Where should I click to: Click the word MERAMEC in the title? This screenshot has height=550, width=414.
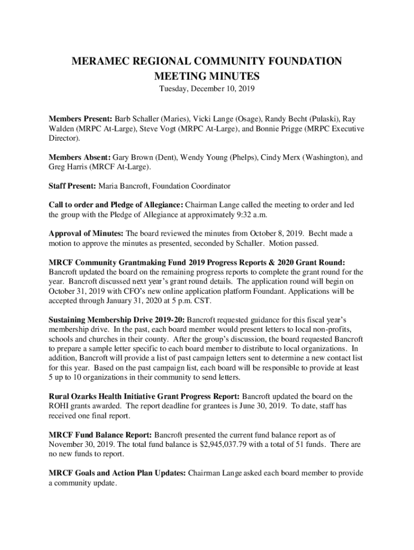pyautogui.click(x=99, y=61)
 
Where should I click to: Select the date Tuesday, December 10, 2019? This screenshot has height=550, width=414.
pyautogui.click(x=207, y=89)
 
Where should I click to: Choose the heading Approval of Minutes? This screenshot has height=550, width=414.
pyautogui.click(x=86, y=234)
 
